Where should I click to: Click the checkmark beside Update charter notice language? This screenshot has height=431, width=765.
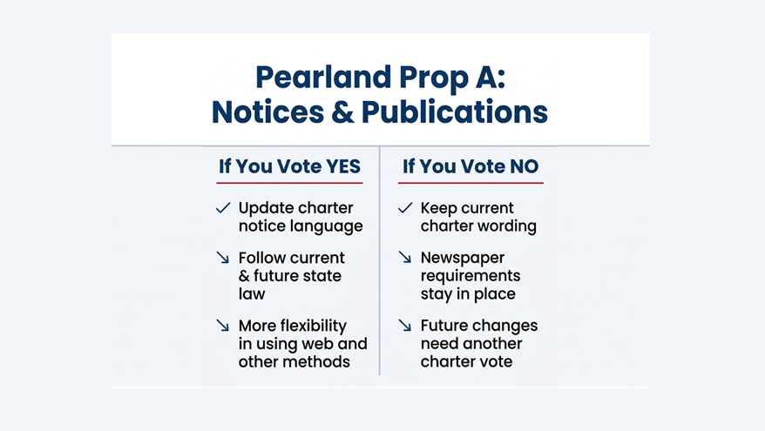[x=223, y=208]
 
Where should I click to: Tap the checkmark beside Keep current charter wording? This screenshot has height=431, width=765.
[x=405, y=208]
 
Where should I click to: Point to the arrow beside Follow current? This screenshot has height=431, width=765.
[x=223, y=258]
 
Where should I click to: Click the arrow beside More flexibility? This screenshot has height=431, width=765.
[x=223, y=326]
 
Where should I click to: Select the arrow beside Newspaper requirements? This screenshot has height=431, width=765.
[x=405, y=258]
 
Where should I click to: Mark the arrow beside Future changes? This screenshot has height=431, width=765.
[x=405, y=326]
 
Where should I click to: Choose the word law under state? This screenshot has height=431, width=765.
[x=252, y=293]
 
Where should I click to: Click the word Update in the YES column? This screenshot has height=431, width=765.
[x=265, y=208]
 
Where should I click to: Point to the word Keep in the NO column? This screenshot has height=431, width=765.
[x=439, y=208]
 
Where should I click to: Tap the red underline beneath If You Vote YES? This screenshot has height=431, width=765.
[x=289, y=183]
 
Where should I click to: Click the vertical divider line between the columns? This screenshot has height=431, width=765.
[x=380, y=261]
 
